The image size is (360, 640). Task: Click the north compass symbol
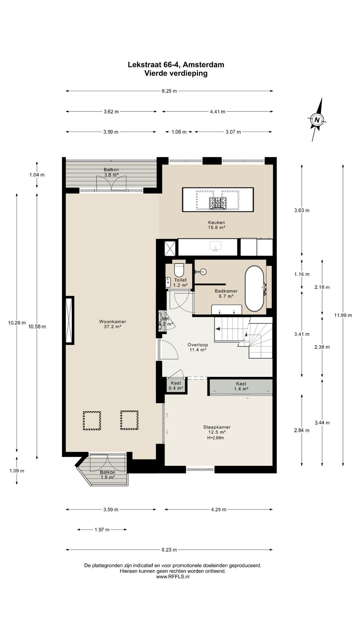coord(317,119)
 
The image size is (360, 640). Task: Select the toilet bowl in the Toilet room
coord(179,268)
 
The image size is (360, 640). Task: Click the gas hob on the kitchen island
coord(217,203)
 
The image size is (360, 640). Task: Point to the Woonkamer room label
coord(112,324)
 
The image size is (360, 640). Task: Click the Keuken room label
coord(216,225)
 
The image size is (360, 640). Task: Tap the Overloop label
coord(198,347)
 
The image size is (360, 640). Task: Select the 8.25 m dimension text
coord(169,91)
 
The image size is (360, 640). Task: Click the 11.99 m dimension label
coord(343,315)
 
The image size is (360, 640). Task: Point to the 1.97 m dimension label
coord(102,530)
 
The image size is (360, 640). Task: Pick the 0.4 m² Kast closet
coord(176,386)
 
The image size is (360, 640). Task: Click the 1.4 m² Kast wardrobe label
coord(241,386)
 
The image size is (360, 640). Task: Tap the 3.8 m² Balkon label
coord(111,172)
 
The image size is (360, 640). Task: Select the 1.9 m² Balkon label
coord(107,475)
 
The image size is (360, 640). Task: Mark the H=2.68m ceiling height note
coord(215,438)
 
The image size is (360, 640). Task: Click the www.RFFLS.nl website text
coord(173,576)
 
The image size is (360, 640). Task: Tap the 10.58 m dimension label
coord(37,327)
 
